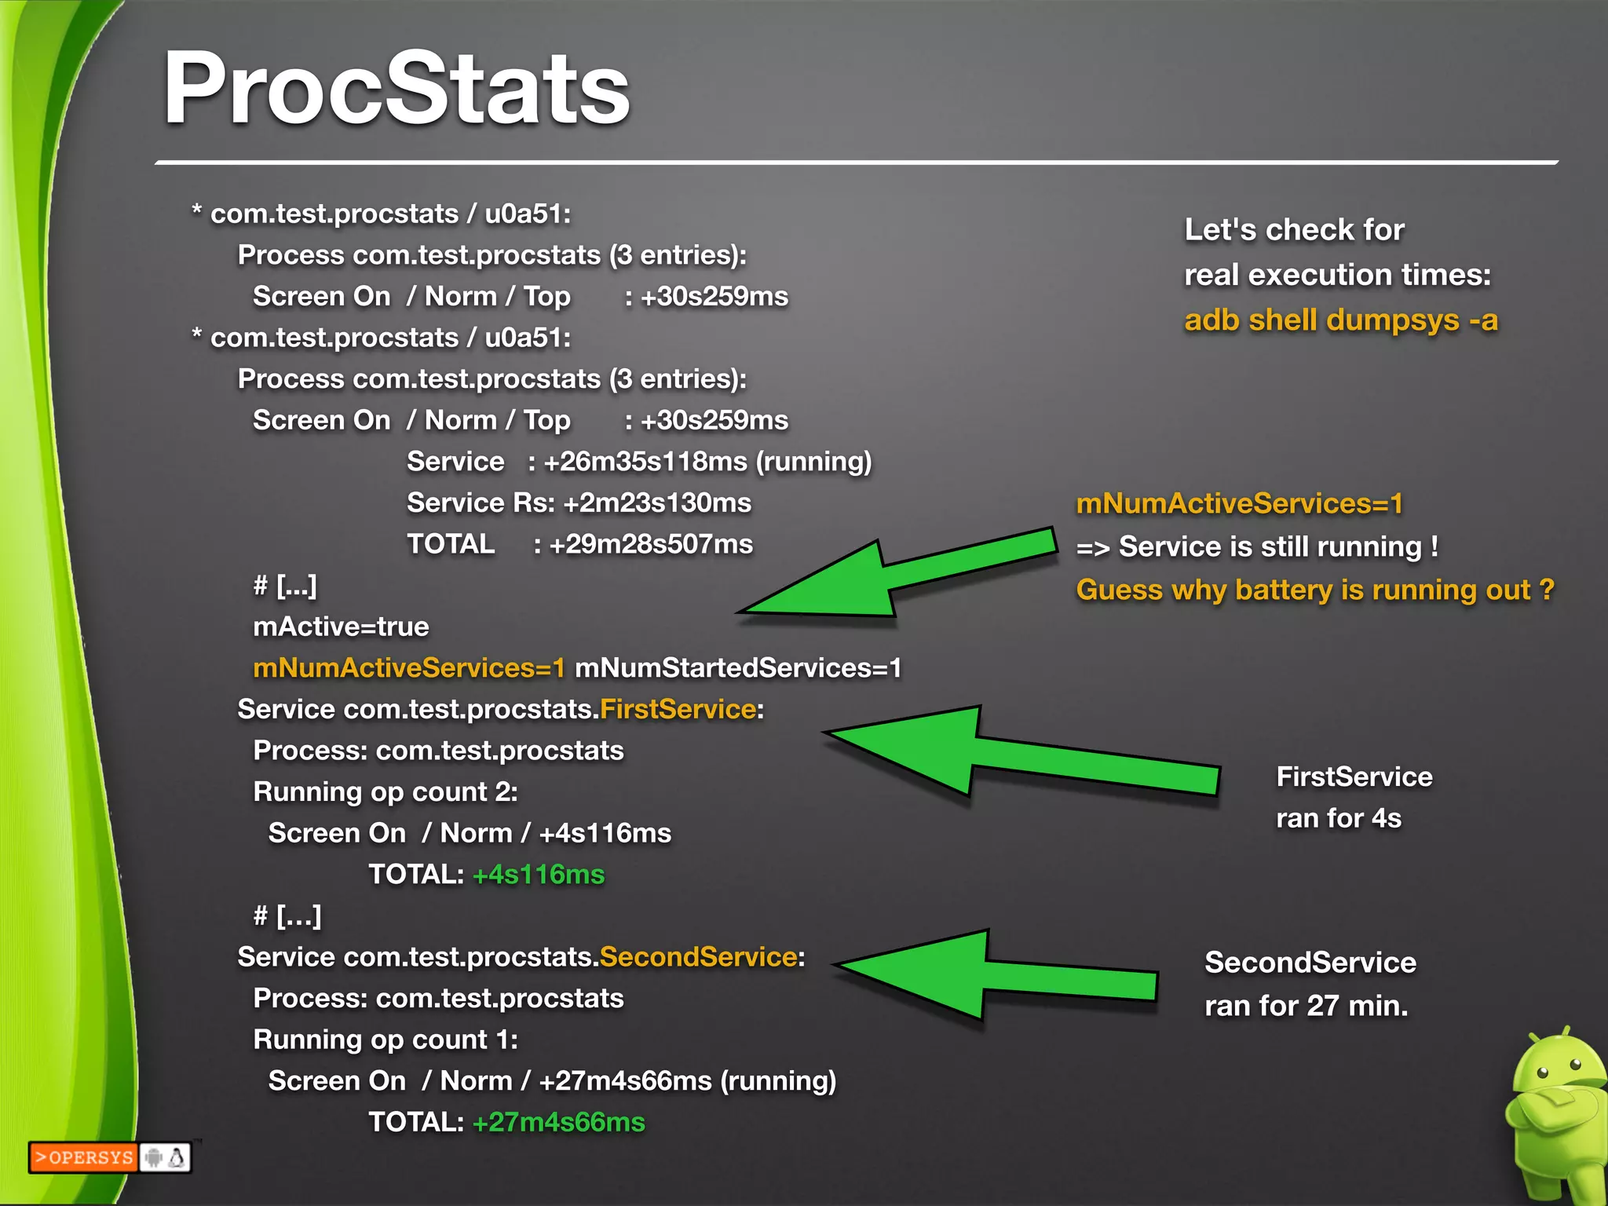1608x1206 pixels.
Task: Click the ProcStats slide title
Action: (x=397, y=88)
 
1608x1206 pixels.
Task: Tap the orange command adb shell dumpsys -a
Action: (x=1340, y=320)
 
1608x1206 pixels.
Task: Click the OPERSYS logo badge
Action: (x=109, y=1157)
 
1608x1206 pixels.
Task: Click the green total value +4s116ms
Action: (x=539, y=875)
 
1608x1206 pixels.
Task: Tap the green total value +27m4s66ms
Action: (x=558, y=1123)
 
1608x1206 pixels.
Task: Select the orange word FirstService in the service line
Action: (x=678, y=710)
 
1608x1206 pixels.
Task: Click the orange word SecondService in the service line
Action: (x=698, y=957)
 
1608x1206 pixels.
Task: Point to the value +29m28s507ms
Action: (x=651, y=544)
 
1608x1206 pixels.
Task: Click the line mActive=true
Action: (x=341, y=627)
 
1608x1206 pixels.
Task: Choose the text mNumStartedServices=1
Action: (x=738, y=668)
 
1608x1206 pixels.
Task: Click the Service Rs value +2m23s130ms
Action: (x=657, y=502)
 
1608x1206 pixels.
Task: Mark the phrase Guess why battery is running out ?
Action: (x=1314, y=590)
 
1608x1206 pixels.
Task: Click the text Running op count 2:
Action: (x=385, y=792)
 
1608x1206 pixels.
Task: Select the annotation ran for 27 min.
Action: (x=1306, y=1006)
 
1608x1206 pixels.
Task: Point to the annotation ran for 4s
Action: (x=1338, y=818)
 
